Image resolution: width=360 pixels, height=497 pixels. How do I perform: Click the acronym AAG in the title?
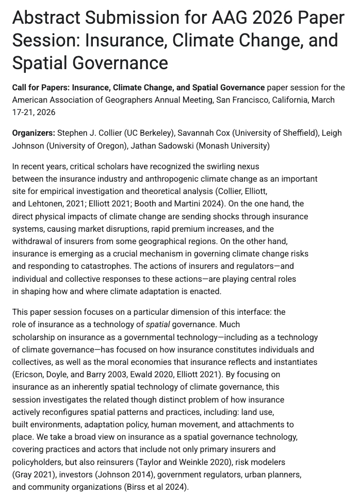(231, 17)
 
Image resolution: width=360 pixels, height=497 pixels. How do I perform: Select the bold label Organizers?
(34, 133)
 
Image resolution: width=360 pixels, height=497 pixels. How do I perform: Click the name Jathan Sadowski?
(161, 146)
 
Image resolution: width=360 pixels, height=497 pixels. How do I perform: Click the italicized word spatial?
(158, 325)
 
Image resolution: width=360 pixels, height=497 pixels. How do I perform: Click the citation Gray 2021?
(33, 474)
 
